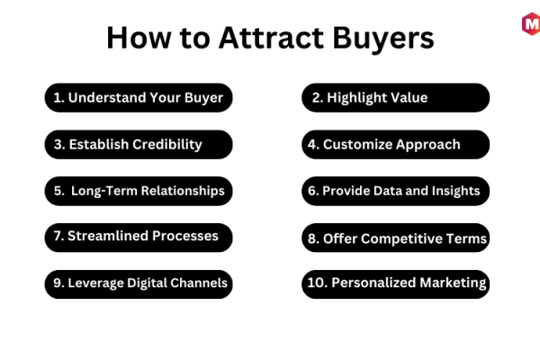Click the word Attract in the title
pos(271,38)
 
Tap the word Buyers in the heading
pos(383,40)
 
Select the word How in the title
pos(139,38)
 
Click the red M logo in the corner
pos(531,24)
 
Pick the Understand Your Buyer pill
pos(139,97)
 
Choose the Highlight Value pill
pos(395,97)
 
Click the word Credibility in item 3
pos(167,145)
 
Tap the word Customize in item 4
pos(357,144)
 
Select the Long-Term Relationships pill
pos(139,191)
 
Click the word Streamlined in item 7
pos(108,236)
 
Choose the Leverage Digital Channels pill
pos(139,284)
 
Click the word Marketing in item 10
pos(453,283)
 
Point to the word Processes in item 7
pos(185,236)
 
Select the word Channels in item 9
pos(199,283)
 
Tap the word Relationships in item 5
pos(183,191)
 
